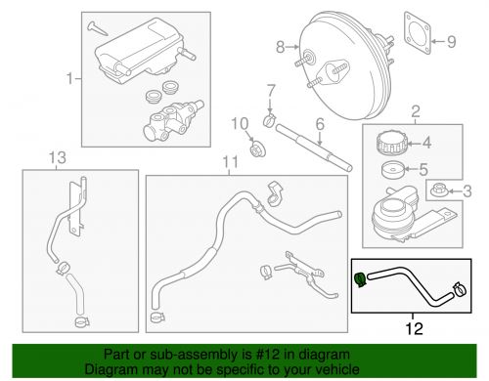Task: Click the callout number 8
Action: coord(281,47)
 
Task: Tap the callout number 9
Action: coord(451,42)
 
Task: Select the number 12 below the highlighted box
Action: coord(414,328)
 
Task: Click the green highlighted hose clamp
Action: coord(361,279)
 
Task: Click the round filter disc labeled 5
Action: coord(392,170)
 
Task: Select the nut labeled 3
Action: coord(438,190)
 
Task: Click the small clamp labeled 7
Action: coord(270,120)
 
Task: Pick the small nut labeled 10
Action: coord(257,149)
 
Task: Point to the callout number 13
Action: coord(58,157)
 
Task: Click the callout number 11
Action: coord(231,162)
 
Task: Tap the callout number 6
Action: coord(320,124)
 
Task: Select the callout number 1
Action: coord(69,78)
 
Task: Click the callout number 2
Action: coord(416,111)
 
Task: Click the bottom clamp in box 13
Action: coord(82,322)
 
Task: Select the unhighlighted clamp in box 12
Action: coord(460,289)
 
